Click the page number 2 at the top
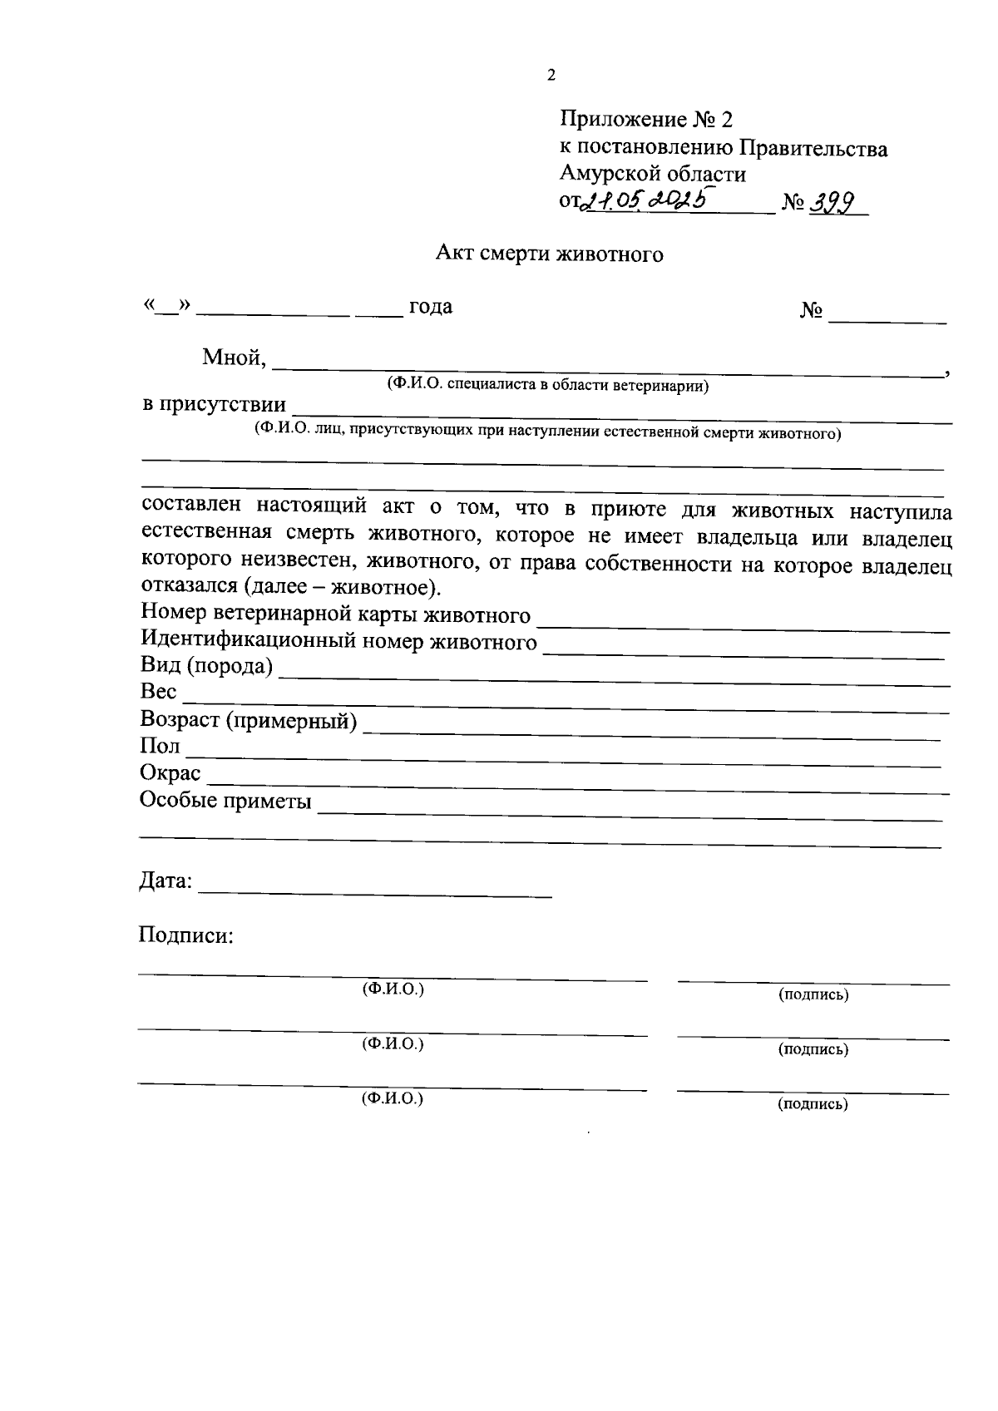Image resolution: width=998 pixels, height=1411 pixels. click(551, 76)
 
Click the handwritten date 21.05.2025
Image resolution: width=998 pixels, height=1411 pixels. click(645, 200)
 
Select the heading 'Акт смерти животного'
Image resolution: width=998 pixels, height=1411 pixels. click(550, 254)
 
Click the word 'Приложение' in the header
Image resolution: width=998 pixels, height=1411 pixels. click(622, 120)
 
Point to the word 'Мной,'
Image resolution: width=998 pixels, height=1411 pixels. click(235, 358)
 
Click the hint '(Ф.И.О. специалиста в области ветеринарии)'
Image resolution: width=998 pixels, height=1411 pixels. click(547, 385)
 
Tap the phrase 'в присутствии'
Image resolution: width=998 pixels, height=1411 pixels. click(214, 405)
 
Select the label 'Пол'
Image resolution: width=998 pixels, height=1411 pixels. click(160, 746)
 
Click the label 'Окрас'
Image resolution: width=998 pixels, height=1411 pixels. click(170, 773)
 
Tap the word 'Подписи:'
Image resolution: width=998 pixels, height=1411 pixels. click(186, 935)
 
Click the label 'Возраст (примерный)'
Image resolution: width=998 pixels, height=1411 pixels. click(249, 720)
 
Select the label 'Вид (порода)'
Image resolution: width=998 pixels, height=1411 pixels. click(207, 666)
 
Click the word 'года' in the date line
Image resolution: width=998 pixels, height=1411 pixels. click(430, 307)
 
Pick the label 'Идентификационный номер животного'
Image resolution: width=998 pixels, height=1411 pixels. click(338, 641)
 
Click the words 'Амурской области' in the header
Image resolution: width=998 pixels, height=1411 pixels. click(653, 174)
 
